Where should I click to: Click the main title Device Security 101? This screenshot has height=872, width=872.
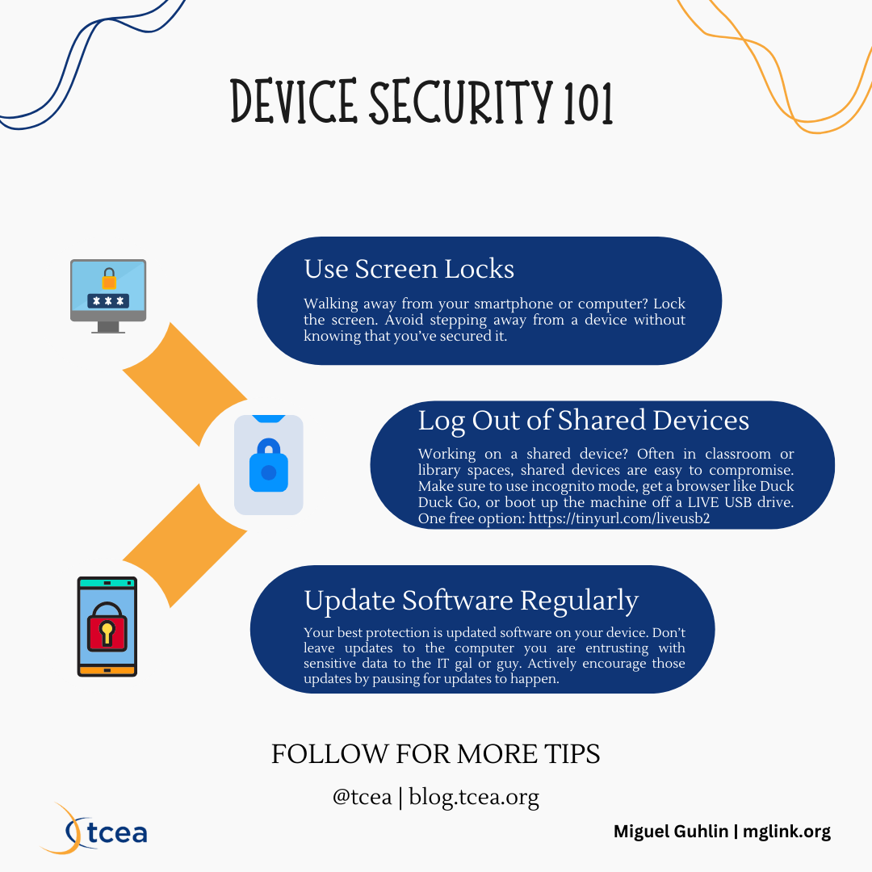coord(421,103)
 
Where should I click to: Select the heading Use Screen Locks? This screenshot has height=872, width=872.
coord(409,269)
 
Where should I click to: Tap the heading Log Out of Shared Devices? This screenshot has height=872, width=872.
coord(583,421)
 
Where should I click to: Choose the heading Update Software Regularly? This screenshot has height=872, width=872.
coord(471,601)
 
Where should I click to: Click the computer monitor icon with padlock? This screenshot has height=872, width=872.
coord(108,295)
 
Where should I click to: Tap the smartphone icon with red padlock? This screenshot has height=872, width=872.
coord(107,627)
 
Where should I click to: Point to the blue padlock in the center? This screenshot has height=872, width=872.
coord(269,465)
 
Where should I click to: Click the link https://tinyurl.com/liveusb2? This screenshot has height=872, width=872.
coord(618,518)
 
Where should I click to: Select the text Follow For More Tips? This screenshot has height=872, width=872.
coord(435,754)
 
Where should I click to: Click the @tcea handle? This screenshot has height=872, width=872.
coord(361,798)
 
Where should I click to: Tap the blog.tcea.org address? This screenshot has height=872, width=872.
coord(474,798)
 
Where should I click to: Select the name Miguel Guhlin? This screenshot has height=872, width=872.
coord(671,832)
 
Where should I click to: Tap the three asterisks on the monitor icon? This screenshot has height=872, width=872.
coord(108,300)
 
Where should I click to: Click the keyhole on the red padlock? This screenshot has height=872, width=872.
coord(107,631)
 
